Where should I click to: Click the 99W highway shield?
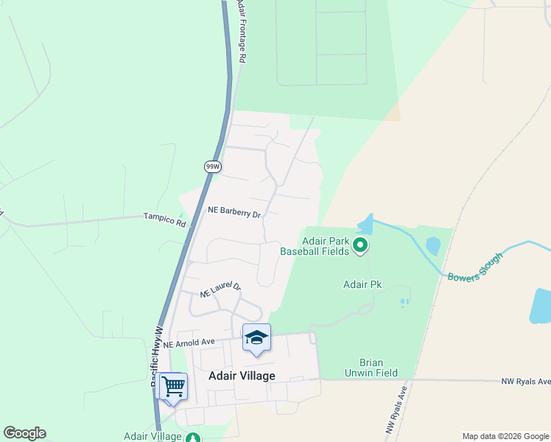coord(213,167)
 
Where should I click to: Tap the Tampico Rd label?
coord(164,217)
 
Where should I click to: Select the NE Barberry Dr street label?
coord(234,211)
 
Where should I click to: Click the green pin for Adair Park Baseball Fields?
coord(360,245)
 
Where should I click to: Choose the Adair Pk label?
coord(362,284)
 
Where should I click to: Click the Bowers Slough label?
coord(475,266)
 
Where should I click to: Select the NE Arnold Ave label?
coord(189,343)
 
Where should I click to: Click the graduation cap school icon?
coord(256,337)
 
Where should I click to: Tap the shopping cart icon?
coord(173,385)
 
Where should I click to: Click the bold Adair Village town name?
coord(242,376)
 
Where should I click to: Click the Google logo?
coord(24,433)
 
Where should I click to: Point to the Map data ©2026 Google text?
coord(505,436)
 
